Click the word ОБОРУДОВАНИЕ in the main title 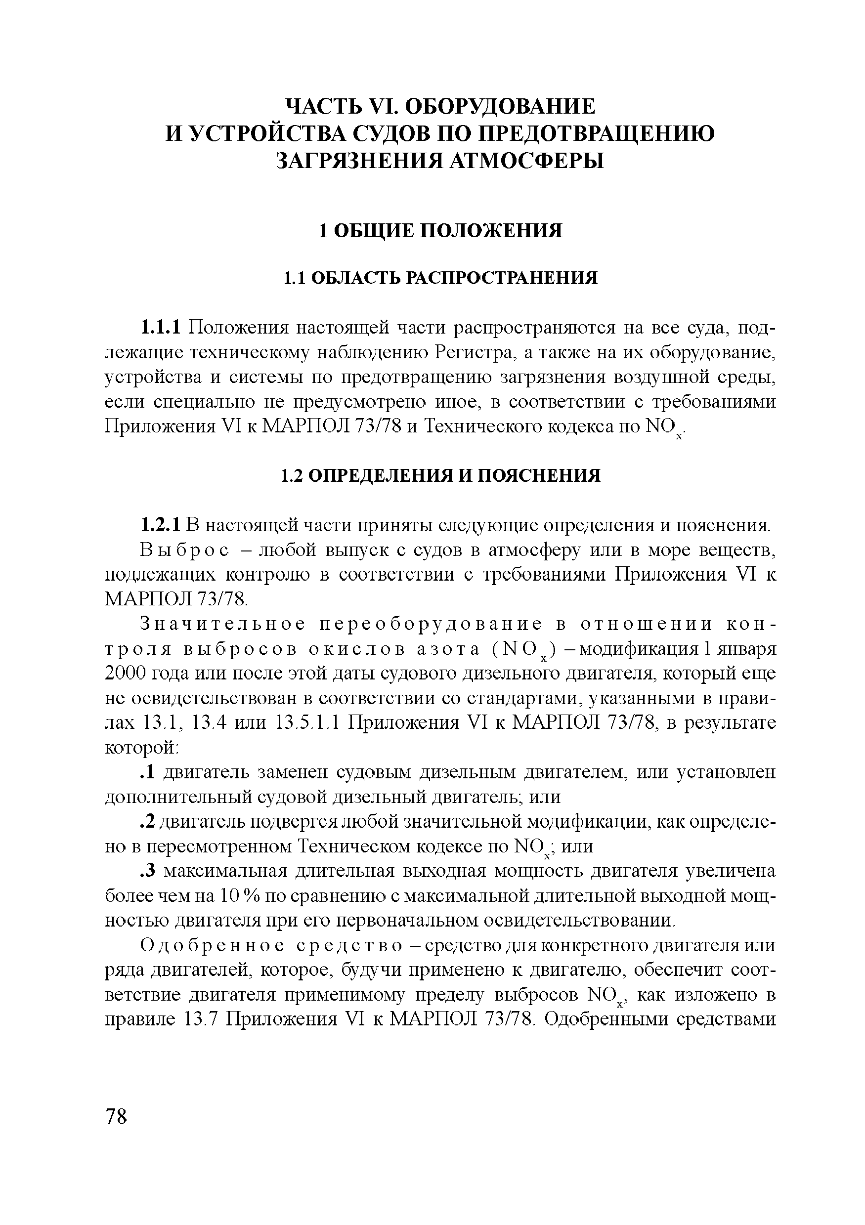500,107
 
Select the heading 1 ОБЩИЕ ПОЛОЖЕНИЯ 440,231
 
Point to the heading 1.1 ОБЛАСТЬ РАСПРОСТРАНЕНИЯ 440,278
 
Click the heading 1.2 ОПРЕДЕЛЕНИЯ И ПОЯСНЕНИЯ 440,476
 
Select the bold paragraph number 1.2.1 161,526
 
